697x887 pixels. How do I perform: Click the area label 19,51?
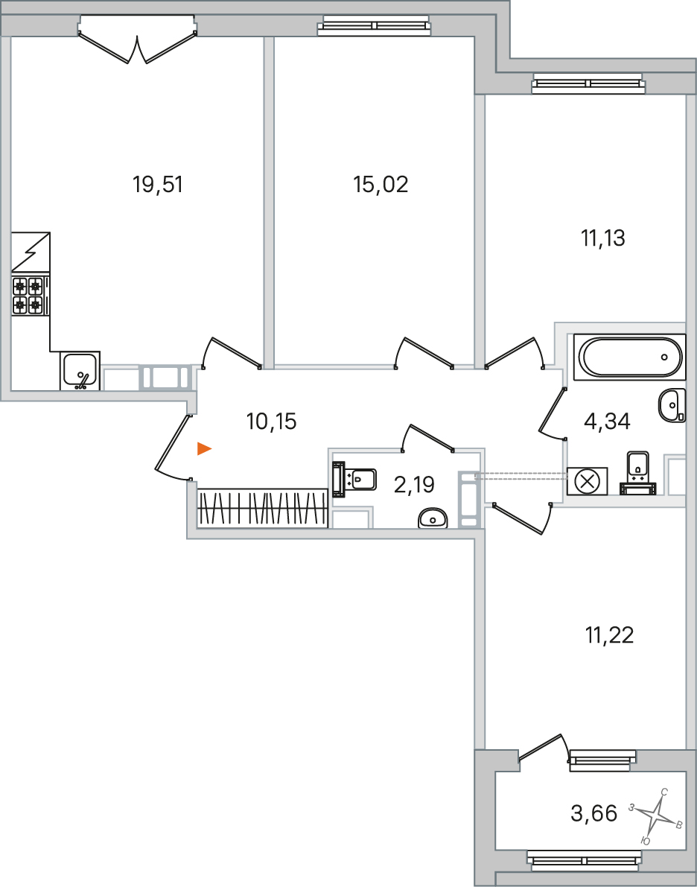click(158, 185)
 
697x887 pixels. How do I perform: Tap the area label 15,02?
click(381, 185)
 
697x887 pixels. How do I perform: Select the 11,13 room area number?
click(603, 238)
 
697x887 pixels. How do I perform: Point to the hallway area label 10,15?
click(272, 422)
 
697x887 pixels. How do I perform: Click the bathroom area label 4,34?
click(606, 422)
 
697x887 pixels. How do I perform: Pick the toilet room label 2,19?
click(414, 485)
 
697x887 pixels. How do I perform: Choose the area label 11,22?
click(610, 635)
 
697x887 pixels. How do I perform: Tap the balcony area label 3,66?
click(594, 813)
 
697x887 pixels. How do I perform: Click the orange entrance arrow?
click(204, 449)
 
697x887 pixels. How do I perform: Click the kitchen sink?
click(80, 371)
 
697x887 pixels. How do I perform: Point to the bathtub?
click(629, 357)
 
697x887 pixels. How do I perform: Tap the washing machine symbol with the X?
click(588, 481)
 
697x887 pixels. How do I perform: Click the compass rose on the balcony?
click(655, 816)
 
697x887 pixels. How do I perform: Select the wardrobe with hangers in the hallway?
click(263, 507)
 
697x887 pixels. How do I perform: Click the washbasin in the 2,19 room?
click(433, 518)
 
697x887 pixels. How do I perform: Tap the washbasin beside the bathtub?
click(672, 405)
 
